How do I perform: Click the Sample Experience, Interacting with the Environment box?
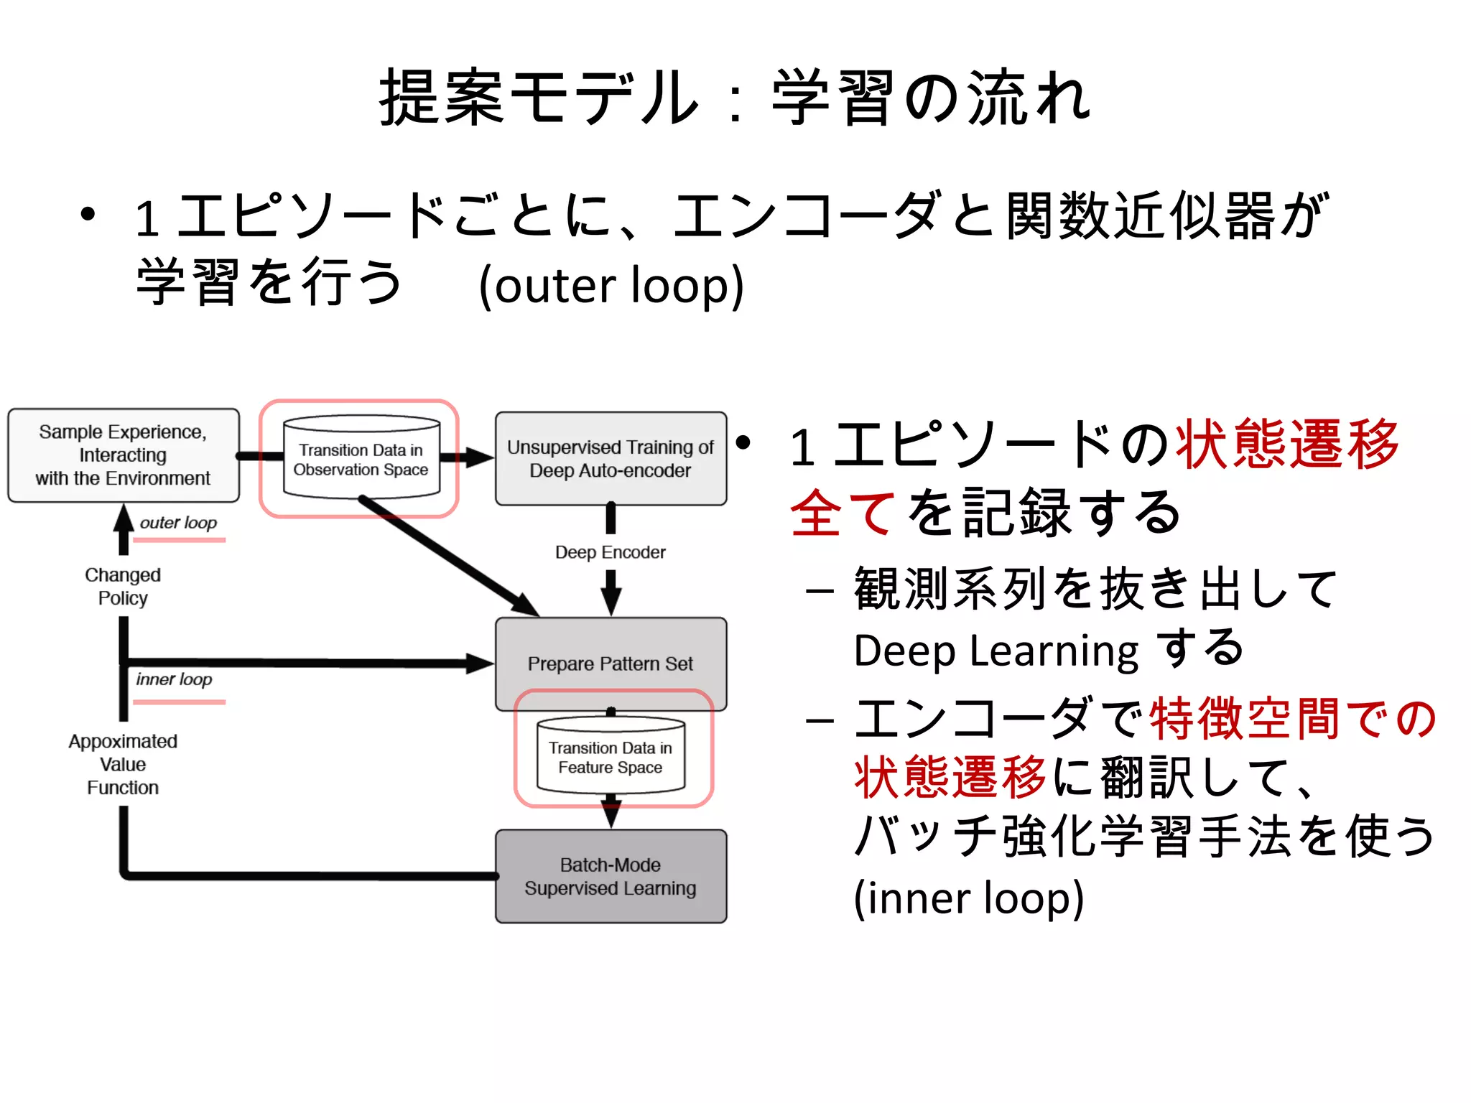(123, 455)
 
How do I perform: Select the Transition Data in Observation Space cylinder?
(361, 459)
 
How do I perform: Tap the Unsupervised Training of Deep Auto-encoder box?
(611, 459)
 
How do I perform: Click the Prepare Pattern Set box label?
(611, 664)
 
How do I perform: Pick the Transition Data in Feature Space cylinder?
(611, 757)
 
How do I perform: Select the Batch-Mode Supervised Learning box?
(611, 876)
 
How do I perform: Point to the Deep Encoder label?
(611, 552)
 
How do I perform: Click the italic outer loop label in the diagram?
(178, 523)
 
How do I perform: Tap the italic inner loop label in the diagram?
(174, 679)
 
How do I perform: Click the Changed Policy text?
(123, 587)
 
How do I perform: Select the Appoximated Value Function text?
(123, 764)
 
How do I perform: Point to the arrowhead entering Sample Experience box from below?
(124, 518)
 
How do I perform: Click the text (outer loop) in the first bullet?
(611, 286)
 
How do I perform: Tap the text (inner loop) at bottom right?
(968, 898)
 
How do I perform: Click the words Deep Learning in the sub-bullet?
(996, 651)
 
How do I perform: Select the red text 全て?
(842, 512)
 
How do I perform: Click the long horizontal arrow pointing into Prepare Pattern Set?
(309, 663)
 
